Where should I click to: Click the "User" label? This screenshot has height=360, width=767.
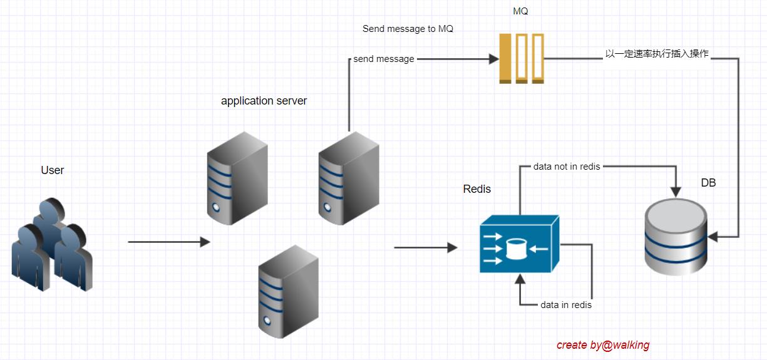coord(53,170)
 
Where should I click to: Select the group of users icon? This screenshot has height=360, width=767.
coord(52,245)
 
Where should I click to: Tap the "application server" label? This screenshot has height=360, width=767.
coord(264,101)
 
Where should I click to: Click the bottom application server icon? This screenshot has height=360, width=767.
coord(289,292)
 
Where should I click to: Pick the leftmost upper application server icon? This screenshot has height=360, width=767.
coord(237,178)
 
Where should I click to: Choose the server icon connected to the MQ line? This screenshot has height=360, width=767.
coord(348,178)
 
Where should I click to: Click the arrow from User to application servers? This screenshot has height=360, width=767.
coord(168,242)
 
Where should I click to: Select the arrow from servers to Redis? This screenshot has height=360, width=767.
coord(425,248)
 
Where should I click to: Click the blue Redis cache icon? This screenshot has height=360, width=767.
coord(519,245)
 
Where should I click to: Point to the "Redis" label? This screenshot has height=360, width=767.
coord(477,189)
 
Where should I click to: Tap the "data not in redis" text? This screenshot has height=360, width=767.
coord(567,167)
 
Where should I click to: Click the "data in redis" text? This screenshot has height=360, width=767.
coord(566,305)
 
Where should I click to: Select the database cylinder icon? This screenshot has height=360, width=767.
coord(676,237)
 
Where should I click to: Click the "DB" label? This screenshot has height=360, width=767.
coord(708,183)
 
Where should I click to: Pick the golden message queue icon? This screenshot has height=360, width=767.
coord(522,58)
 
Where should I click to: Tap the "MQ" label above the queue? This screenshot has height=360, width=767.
coord(520,11)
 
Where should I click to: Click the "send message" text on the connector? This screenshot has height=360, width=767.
coord(384,59)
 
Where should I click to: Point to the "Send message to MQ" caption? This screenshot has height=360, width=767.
coord(408,29)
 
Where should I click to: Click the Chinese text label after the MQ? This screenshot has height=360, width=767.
coord(657,54)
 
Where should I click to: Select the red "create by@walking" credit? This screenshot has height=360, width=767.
coord(602,345)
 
